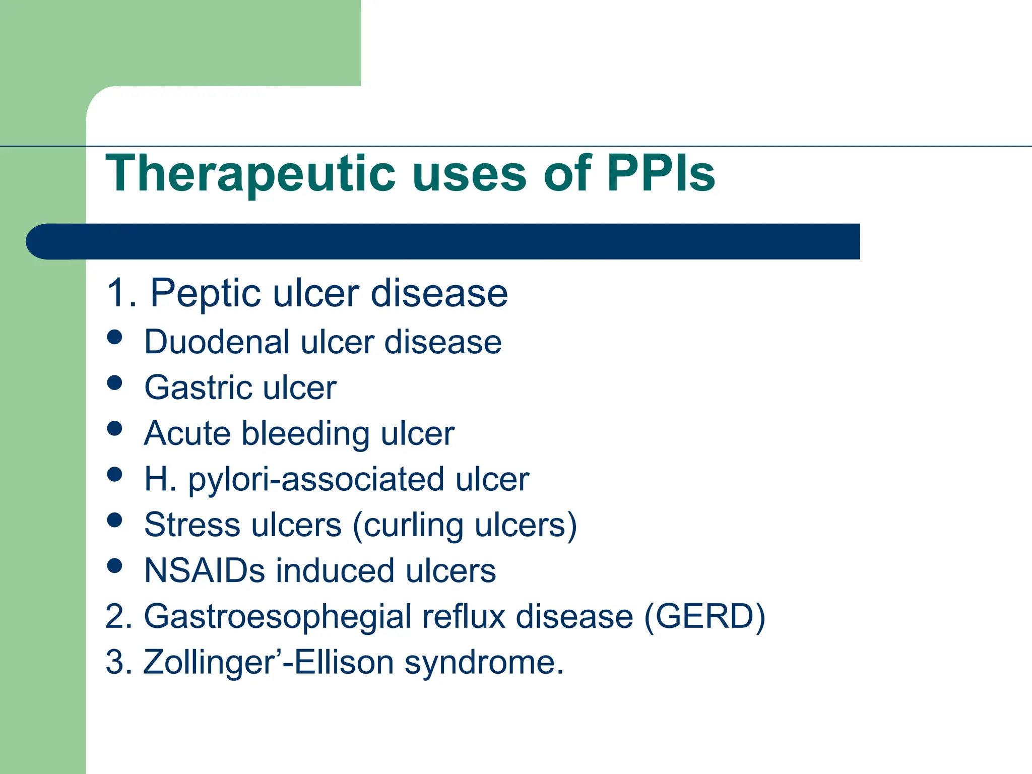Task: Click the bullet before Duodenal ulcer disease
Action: pyautogui.click(x=115, y=337)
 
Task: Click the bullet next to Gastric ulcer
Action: pyautogui.click(x=115, y=382)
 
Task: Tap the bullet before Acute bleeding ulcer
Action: pyautogui.click(x=115, y=428)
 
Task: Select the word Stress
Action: pyautogui.click(x=192, y=525)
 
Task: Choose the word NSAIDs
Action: pyautogui.click(x=204, y=571)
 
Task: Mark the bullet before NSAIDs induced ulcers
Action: pyautogui.click(x=115, y=565)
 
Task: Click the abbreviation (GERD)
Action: pyautogui.click(x=704, y=616)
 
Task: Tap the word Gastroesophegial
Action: pyautogui.click(x=278, y=617)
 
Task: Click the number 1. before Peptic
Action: pyautogui.click(x=121, y=293)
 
